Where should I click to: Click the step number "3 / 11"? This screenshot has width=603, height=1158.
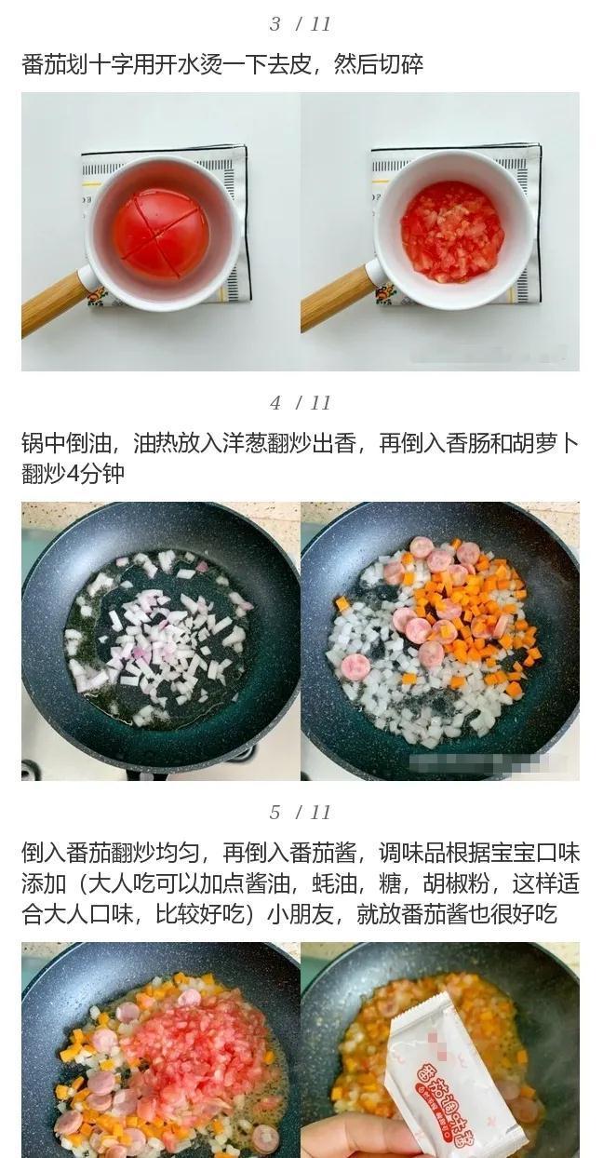click(x=301, y=24)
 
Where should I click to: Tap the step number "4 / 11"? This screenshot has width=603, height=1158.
click(x=301, y=403)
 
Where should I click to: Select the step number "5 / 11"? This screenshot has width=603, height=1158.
click(x=301, y=813)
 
